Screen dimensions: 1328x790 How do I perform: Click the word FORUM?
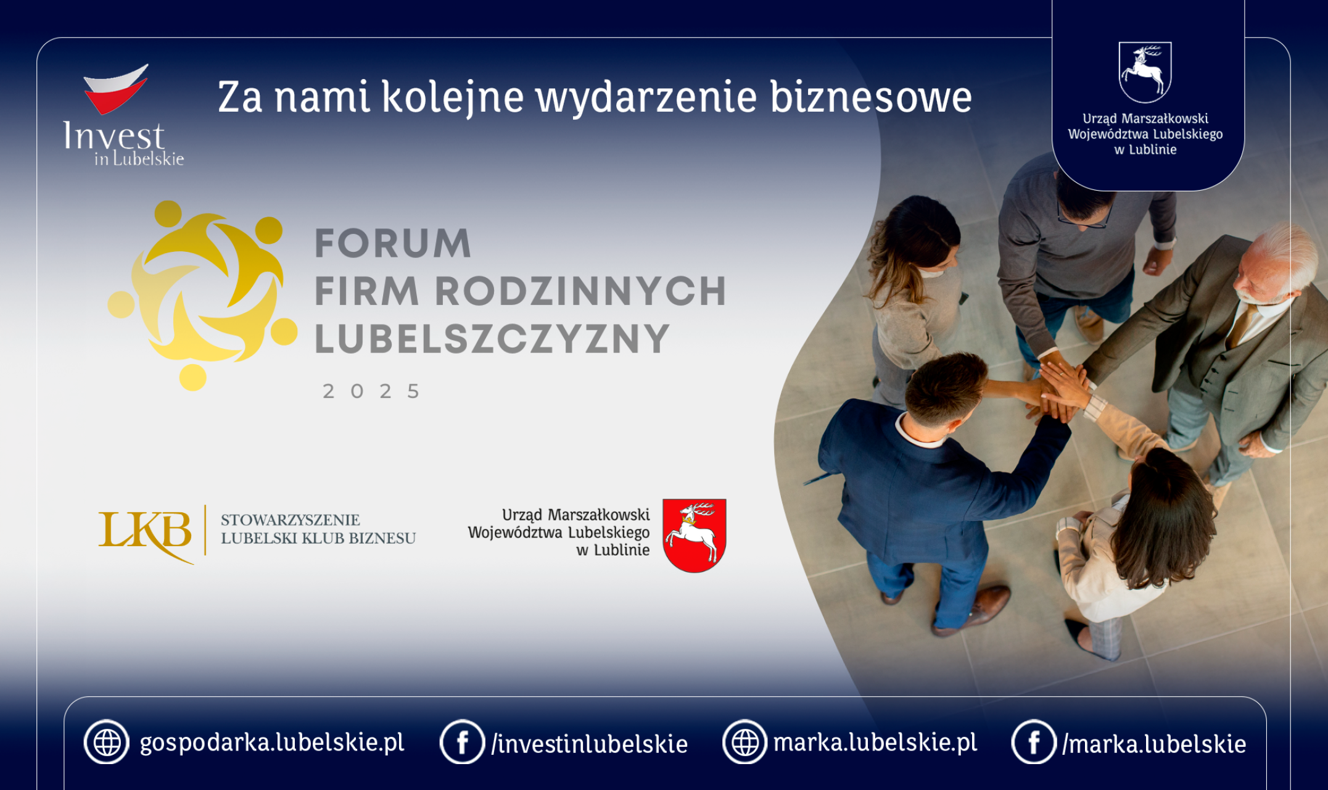[393, 243]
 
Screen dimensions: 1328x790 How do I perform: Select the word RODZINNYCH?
[580, 291]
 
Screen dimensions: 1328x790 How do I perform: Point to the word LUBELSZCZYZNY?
[492, 339]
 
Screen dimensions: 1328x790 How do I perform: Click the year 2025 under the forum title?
[371, 391]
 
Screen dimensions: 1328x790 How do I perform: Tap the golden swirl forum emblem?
[202, 295]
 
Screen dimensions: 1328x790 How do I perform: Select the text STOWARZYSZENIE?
[290, 520]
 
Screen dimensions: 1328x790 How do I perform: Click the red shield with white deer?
[695, 535]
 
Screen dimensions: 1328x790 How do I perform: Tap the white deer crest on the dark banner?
[1145, 72]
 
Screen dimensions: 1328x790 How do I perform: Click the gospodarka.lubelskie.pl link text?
[272, 742]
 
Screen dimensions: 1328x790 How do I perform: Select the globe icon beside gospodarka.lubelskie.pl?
[107, 742]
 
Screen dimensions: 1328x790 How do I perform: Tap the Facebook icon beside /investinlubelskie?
[462, 742]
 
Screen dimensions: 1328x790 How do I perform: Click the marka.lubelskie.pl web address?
[875, 742]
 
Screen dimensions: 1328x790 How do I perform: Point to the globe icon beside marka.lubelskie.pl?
[745, 742]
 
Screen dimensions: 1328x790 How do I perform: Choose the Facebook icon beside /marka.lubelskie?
[1034, 742]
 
